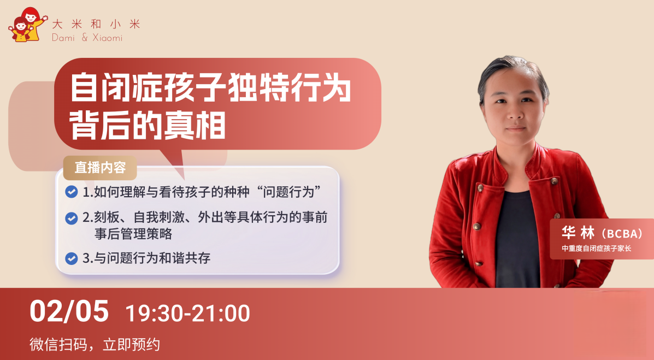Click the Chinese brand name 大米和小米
click(x=96, y=24)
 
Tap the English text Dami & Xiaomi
click(x=87, y=38)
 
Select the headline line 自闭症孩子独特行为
click(x=211, y=87)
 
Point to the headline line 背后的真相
click(x=148, y=125)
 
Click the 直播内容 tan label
click(x=100, y=168)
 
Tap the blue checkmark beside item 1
click(x=72, y=192)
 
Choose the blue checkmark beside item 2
click(x=72, y=218)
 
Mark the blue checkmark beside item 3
click(x=72, y=258)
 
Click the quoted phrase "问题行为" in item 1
click(x=290, y=192)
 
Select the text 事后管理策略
click(x=133, y=234)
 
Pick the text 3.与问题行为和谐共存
click(x=146, y=258)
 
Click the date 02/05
click(x=69, y=311)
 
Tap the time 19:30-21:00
click(x=188, y=313)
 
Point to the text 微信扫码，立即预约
click(x=95, y=345)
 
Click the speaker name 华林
click(x=578, y=233)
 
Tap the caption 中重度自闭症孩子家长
click(x=597, y=249)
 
